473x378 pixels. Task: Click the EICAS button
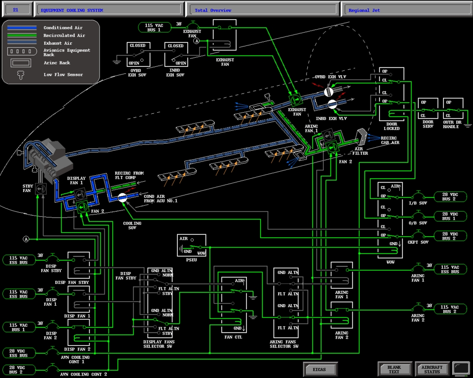(320, 369)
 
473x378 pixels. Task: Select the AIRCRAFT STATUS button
(432, 369)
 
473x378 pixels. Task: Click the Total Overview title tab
(262, 10)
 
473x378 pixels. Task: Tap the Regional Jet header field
(406, 10)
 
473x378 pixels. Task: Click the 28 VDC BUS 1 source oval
(449, 216)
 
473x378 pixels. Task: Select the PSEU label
(192, 260)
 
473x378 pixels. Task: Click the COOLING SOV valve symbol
(123, 198)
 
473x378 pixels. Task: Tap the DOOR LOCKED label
(392, 126)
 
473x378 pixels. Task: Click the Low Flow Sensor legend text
(63, 75)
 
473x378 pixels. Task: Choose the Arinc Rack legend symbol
(22, 63)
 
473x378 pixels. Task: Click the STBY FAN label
(29, 188)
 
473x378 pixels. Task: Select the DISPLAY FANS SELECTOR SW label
(158, 344)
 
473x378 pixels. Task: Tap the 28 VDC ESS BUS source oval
(19, 352)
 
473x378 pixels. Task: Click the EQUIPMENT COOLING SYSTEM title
(72, 10)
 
